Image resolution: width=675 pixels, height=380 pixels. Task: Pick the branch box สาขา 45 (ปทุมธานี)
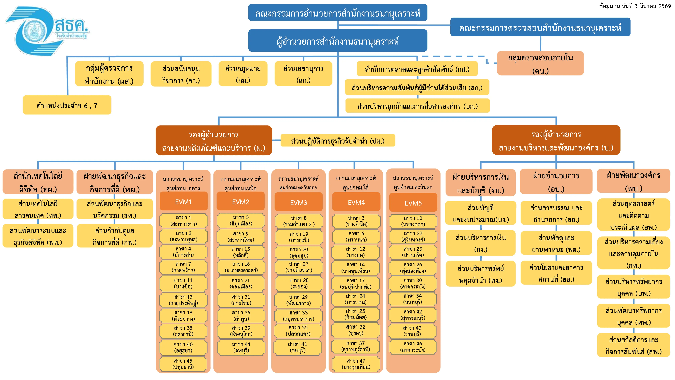pos(183,364)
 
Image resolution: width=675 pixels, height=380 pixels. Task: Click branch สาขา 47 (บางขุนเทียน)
pos(356,364)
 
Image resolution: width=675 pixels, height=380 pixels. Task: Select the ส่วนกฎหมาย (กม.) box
pos(243,73)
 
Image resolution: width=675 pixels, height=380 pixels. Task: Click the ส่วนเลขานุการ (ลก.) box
pos(303,73)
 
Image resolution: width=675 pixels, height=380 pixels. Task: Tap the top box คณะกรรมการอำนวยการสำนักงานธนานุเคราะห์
pos(338,13)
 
